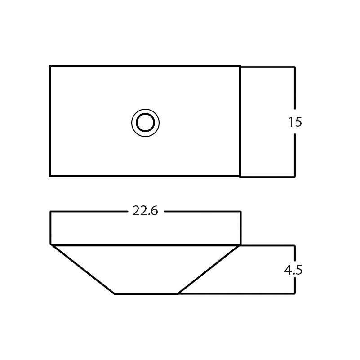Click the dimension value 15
(295, 122)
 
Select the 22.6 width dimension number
(145, 211)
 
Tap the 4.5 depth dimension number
(293, 270)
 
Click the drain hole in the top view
(145, 123)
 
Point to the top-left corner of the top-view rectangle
(50, 67)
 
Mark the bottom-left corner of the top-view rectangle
(50, 176)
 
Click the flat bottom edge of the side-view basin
(146, 294)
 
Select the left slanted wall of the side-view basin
(83, 270)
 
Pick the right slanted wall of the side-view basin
(208, 270)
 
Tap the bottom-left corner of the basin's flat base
(115, 294)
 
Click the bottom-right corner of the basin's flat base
(178, 294)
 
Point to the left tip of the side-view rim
(51, 245)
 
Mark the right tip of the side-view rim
(240, 245)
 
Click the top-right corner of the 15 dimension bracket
(295, 67)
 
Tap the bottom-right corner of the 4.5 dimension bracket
(295, 294)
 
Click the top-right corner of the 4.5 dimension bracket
(295, 245)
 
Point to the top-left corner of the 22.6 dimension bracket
(50, 211)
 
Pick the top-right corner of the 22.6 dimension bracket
(241, 211)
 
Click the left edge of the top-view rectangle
(50, 121)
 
